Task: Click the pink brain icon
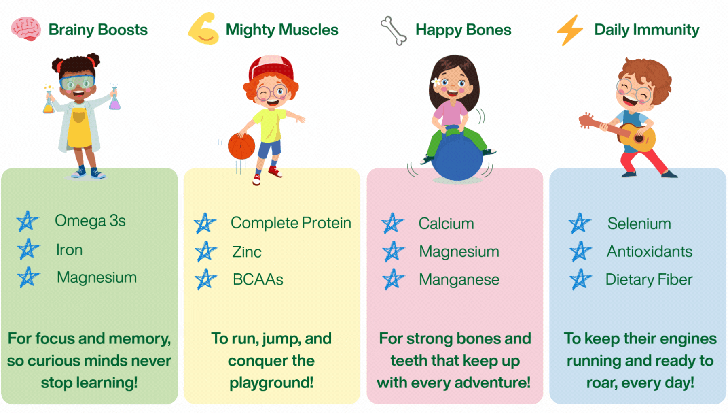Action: (x=26, y=29)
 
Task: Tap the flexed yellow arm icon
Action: (x=203, y=29)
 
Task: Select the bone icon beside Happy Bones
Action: (x=394, y=31)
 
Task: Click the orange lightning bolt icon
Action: (x=570, y=30)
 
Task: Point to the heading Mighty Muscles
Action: (x=282, y=30)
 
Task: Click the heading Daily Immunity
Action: (x=647, y=30)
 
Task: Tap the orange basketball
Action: (x=241, y=146)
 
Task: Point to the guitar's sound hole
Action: (x=639, y=138)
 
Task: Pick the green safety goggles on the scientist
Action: (x=77, y=82)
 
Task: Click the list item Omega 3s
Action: (x=90, y=221)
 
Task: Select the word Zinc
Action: (x=247, y=252)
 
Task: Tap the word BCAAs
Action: (x=258, y=279)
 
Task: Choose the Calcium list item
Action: (x=446, y=224)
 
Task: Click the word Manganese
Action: (x=459, y=279)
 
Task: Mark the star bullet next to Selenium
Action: (x=580, y=223)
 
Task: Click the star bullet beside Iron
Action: (x=28, y=249)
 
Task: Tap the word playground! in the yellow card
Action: (x=271, y=383)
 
